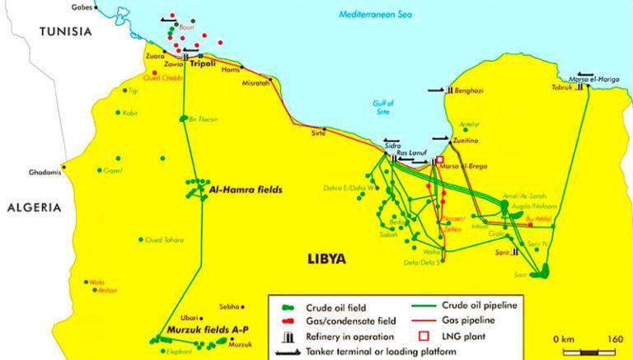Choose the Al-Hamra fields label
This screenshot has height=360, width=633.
pos(246,189)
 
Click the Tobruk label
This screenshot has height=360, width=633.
pos(563,85)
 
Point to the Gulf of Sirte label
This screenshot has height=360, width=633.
pos(384,108)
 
